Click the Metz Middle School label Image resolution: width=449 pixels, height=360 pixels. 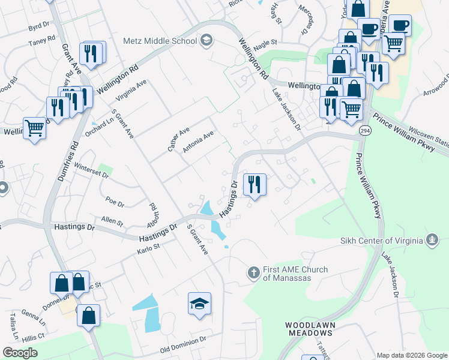(160, 41)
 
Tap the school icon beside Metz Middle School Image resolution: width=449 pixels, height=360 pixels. (206, 41)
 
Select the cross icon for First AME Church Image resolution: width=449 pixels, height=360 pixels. (253, 273)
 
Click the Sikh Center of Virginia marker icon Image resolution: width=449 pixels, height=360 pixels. (431, 241)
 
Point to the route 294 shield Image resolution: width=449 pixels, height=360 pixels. (364, 130)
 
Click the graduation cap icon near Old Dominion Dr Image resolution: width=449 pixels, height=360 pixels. (199, 304)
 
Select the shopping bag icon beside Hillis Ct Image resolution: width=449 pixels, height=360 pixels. (88, 314)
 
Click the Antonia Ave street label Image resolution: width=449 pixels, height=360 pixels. (199, 143)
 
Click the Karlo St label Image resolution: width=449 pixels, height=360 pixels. (149, 247)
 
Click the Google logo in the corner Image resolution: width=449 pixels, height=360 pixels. (20, 353)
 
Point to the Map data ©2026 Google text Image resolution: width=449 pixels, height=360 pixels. (412, 355)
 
